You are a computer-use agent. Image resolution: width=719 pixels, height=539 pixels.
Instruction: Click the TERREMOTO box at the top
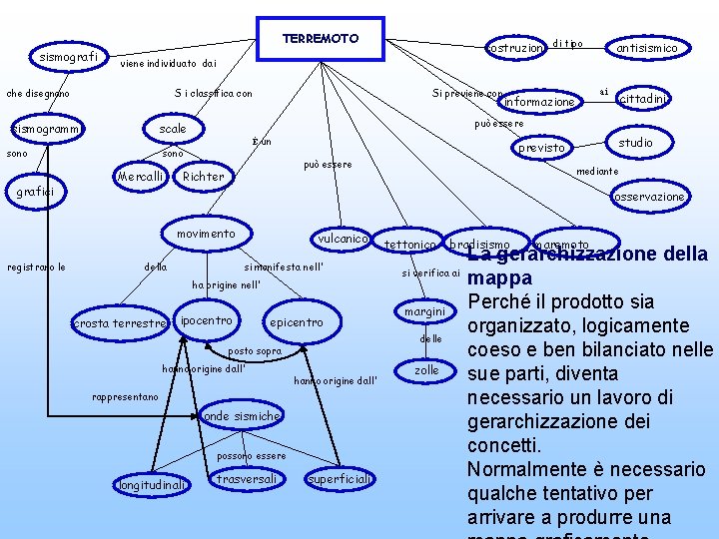(320, 39)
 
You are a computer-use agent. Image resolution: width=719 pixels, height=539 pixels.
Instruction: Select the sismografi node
(68, 57)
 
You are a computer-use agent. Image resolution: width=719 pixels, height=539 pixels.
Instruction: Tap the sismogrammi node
(44, 129)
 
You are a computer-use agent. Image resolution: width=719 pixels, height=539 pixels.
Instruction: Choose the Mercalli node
(141, 177)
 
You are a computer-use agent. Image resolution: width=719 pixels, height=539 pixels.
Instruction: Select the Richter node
(204, 177)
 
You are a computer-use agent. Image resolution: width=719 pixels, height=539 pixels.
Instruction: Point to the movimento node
(206, 234)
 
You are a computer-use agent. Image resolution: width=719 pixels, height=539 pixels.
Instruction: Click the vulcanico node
(344, 240)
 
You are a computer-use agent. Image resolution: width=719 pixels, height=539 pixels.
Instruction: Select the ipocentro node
(207, 320)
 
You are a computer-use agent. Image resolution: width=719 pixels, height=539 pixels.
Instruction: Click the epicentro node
(296, 322)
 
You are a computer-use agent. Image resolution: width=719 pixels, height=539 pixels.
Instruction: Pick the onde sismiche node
(241, 415)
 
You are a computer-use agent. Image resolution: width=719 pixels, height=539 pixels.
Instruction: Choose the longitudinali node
(150, 485)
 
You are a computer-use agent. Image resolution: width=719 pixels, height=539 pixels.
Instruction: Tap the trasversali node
(247, 479)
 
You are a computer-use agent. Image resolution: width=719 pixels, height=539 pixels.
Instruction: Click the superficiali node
(341, 479)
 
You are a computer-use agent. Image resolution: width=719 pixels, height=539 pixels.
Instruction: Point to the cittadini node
(643, 98)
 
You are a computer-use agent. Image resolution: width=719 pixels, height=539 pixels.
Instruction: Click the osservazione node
(649, 197)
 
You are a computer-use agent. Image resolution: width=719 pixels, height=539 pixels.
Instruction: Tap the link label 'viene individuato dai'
(167, 64)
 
